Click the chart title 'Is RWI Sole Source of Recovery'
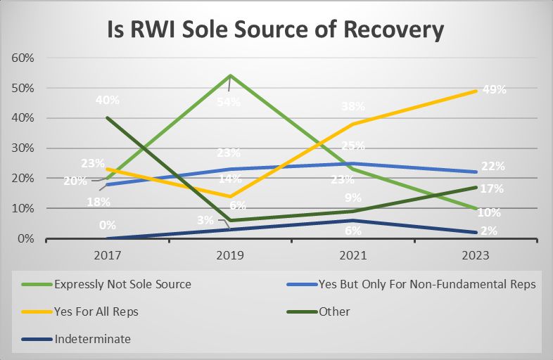(x=276, y=30)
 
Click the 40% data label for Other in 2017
(x=107, y=100)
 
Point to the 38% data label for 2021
(x=353, y=107)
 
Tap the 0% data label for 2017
(x=107, y=226)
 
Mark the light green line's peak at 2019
(x=230, y=75)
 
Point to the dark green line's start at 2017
(x=107, y=117)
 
